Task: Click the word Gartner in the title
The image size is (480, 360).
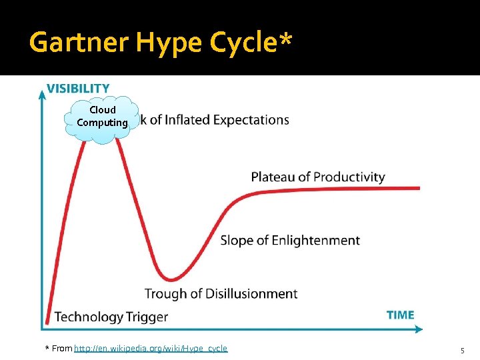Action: (x=80, y=43)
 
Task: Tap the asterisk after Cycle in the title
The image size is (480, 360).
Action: (x=285, y=41)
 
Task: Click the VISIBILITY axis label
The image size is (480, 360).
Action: (x=78, y=88)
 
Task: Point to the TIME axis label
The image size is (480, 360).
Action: (x=400, y=315)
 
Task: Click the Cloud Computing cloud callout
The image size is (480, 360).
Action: (x=102, y=117)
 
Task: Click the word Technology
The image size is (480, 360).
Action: (x=89, y=317)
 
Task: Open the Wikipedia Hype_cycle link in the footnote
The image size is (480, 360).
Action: (x=151, y=349)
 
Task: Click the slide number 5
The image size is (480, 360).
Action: (x=462, y=350)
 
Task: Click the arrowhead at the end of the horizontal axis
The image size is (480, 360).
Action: (x=419, y=329)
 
